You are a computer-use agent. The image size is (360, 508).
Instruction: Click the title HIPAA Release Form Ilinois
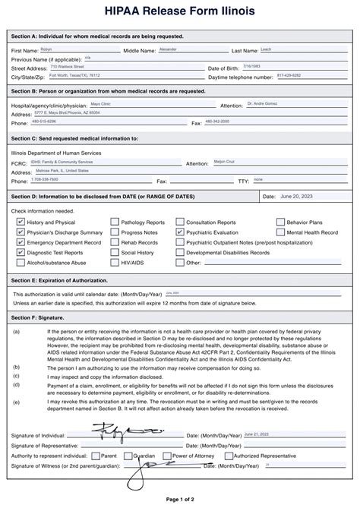[180, 13]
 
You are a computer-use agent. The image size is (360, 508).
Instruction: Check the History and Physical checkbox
[21, 222]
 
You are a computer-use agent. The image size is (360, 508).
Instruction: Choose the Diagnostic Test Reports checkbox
[21, 252]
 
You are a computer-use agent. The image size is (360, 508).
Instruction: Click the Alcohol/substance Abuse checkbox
[21, 262]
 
